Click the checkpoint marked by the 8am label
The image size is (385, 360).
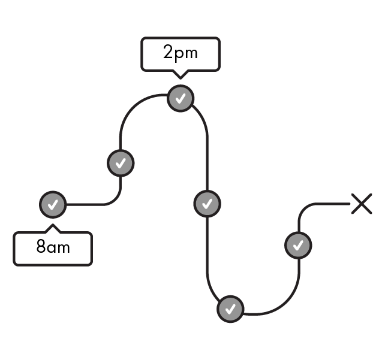tap(53, 205)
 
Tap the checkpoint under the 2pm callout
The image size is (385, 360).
tap(181, 98)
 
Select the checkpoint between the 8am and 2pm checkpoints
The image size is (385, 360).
tap(121, 162)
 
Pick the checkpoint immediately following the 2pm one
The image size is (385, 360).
tap(207, 204)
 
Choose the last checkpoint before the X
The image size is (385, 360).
tap(298, 245)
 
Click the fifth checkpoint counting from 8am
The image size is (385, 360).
tap(230, 309)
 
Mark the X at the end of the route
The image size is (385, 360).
tap(362, 204)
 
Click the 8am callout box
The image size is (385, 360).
tap(53, 249)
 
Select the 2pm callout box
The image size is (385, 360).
tap(181, 55)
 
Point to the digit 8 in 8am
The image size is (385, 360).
tap(41, 246)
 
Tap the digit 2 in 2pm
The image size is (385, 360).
tap(169, 52)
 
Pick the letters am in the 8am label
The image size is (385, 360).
tap(59, 247)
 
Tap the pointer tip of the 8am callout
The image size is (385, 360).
tap(53, 226)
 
